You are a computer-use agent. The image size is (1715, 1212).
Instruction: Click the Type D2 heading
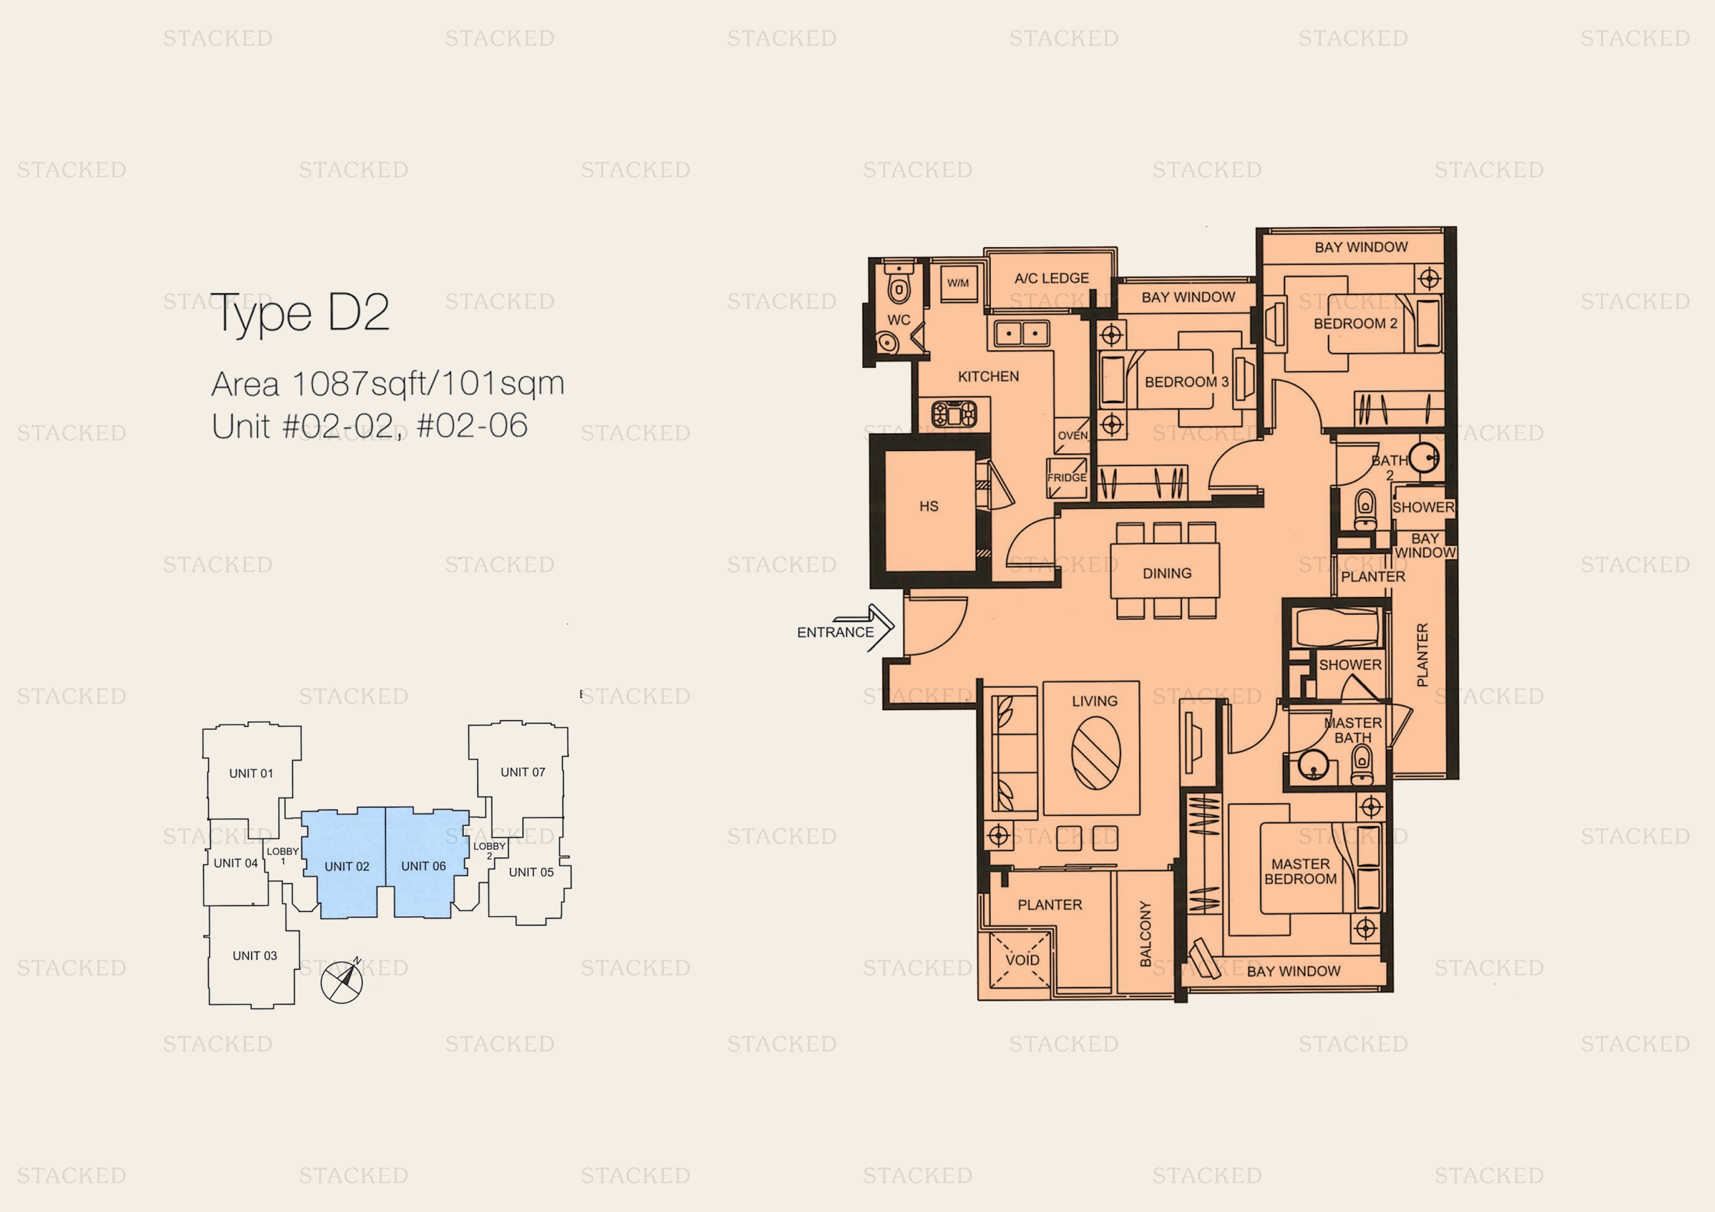[x=300, y=314]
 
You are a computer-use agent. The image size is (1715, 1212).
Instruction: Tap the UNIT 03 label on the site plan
[x=255, y=956]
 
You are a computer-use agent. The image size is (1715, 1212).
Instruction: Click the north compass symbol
[x=342, y=981]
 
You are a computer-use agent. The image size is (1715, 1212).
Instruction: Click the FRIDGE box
[x=1067, y=478]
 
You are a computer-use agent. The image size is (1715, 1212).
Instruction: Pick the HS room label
[x=928, y=506]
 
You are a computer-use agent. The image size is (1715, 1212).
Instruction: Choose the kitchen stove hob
[x=954, y=413]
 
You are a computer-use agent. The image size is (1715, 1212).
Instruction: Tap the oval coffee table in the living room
[x=1096, y=753]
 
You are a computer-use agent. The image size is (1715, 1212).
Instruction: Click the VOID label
[x=1022, y=960]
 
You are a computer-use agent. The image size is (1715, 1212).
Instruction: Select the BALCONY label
[x=1145, y=933]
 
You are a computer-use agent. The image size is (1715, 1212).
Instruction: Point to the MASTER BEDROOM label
[x=1300, y=871]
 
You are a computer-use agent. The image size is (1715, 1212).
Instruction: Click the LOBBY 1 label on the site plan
[x=283, y=856]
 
